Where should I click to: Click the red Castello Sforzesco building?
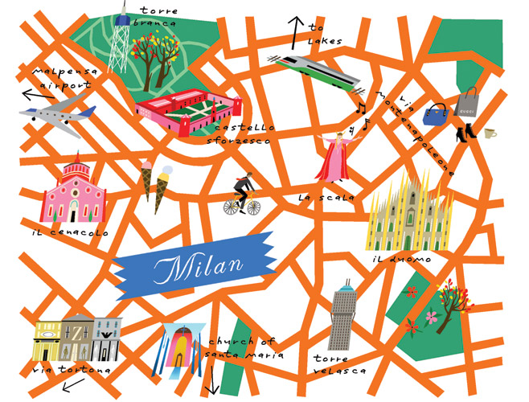[189, 112]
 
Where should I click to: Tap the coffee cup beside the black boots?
[490, 132]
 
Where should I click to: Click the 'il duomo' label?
[401, 260]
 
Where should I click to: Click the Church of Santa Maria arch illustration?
[180, 347]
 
